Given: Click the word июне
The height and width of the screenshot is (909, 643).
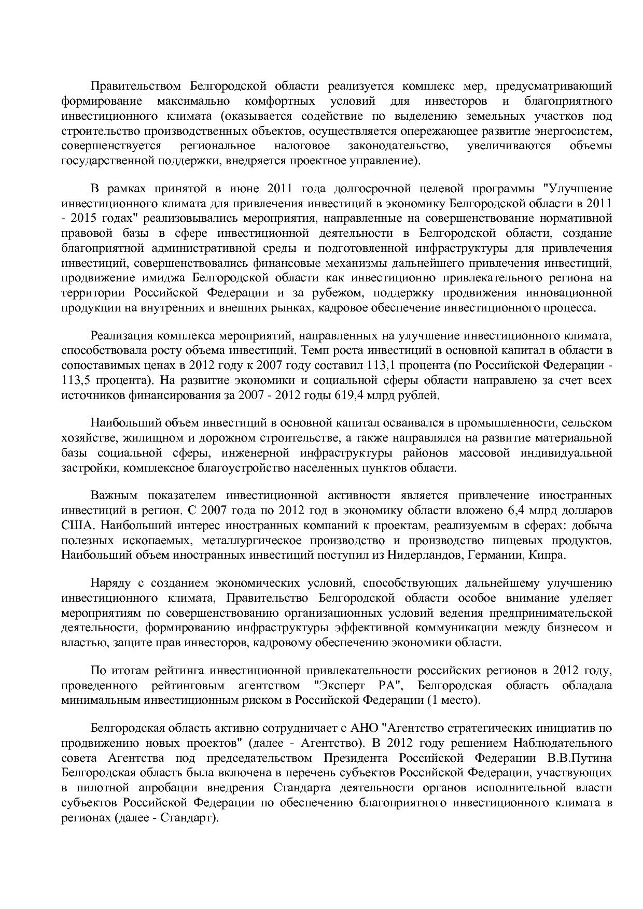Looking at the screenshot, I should pyautogui.click(x=248, y=188).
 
